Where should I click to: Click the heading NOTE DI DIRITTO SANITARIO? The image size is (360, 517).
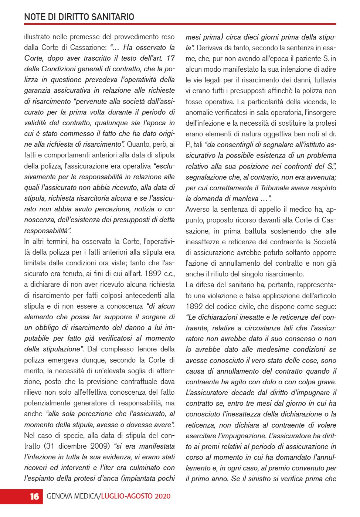pyautogui.click(x=79, y=17)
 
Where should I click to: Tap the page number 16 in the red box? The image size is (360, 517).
pyautogui.click(x=34, y=496)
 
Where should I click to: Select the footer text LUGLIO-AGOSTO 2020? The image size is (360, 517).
pyautogui.click(x=136, y=496)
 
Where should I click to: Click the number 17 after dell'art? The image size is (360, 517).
pyautogui.click(x=170, y=58)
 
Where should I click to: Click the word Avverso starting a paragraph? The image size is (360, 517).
pyautogui.click(x=197, y=210)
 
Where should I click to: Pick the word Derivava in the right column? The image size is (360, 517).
pyautogui.click(x=210, y=48)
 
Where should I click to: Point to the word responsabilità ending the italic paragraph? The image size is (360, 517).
pyautogui.click(x=47, y=231)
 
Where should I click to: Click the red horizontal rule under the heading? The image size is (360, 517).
pyautogui.click(x=180, y=24)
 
